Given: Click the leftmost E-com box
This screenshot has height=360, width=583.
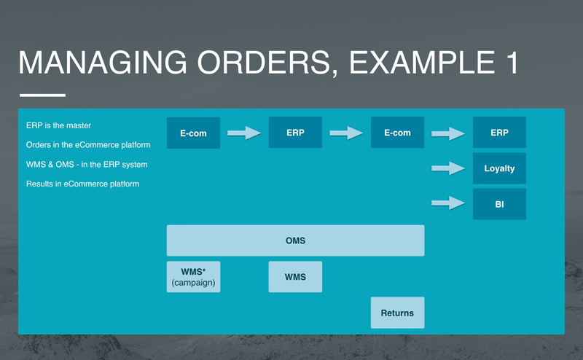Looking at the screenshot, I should [x=193, y=133].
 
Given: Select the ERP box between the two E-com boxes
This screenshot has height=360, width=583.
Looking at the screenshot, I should [x=295, y=133].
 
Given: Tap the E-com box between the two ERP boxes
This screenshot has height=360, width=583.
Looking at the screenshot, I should [x=397, y=133].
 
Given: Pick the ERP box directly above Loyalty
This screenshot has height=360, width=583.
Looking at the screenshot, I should [x=499, y=133].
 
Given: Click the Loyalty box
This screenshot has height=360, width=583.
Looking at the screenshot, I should [x=499, y=168].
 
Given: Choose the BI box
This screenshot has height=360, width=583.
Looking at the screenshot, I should [x=499, y=204].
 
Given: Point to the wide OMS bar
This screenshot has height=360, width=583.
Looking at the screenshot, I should [x=295, y=240].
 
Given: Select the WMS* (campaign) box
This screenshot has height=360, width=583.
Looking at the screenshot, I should [x=193, y=277].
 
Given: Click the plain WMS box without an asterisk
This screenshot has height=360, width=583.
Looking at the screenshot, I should [x=295, y=277].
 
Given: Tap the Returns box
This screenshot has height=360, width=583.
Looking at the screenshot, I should [x=397, y=313].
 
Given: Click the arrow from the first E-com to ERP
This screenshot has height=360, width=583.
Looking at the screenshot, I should [x=244, y=133].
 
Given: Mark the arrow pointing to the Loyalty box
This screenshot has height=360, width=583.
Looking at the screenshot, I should [x=448, y=168].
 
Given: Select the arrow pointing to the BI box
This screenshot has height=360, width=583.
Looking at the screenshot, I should [x=448, y=203].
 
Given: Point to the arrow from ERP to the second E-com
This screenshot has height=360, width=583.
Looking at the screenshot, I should [x=346, y=133].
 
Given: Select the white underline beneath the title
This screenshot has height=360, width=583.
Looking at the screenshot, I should [x=42, y=95].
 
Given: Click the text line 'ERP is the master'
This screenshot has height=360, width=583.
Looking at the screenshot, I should [x=58, y=125].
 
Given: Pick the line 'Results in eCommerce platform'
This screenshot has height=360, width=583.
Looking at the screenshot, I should [x=82, y=184].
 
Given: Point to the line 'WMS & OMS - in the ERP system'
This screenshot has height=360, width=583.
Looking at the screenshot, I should [x=87, y=164].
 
